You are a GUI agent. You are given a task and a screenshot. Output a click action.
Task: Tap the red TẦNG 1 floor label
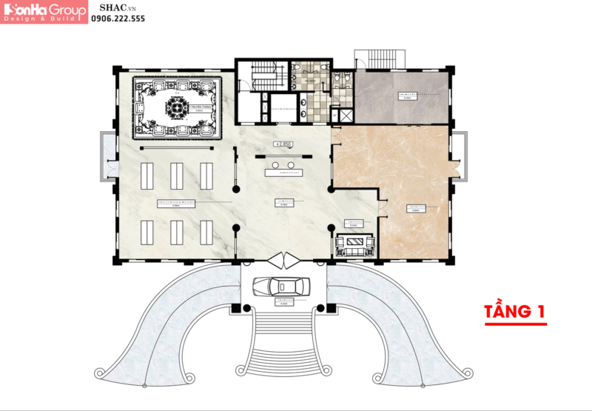coord(515,312)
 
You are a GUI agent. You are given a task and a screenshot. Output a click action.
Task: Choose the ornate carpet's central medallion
coord(177,108)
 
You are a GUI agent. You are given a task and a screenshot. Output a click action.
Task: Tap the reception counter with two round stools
coord(284,170)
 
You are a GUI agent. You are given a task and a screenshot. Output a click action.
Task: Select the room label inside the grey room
coord(406,96)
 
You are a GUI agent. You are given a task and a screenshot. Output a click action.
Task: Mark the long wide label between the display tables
coord(176,202)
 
